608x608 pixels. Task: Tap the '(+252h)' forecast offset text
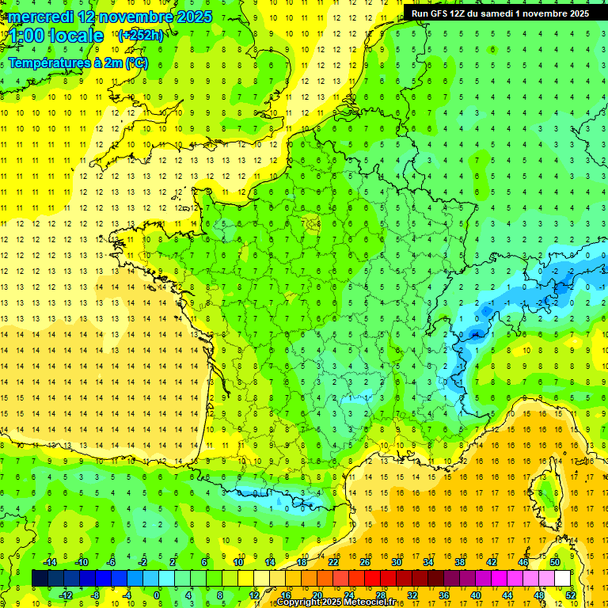[140, 35]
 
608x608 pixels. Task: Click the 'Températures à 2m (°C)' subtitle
[78, 63]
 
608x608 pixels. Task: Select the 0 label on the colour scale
[157, 595]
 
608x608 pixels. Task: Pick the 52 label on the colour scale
[571, 595]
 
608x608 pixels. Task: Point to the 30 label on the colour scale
[396, 561]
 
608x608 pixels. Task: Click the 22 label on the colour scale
[333, 561]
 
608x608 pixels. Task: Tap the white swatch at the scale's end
[563, 578]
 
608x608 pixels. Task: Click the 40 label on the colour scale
[475, 595]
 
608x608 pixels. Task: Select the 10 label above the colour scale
[238, 561]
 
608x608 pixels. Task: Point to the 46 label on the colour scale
[522, 561]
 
